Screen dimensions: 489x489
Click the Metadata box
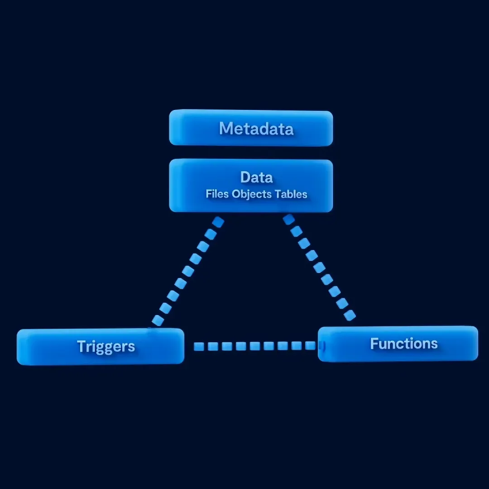click(x=251, y=128)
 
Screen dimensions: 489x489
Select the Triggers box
click(x=101, y=346)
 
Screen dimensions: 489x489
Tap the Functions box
click(x=398, y=344)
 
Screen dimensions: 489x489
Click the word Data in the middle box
click(x=256, y=177)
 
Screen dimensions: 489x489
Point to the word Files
click(x=217, y=194)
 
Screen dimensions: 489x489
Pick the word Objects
click(x=251, y=194)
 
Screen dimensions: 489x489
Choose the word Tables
click(x=291, y=194)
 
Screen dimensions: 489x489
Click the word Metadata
click(x=256, y=129)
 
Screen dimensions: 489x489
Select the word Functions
click(x=404, y=343)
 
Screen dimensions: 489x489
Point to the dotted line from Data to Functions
click(x=319, y=267)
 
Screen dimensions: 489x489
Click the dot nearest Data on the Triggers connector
click(x=218, y=222)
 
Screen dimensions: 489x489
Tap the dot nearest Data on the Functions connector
click(x=289, y=220)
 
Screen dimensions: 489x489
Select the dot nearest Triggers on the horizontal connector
click(x=199, y=346)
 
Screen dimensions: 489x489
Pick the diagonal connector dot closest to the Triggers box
click(x=158, y=320)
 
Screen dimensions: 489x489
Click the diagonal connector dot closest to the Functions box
click(x=350, y=315)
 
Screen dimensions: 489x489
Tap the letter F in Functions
click(x=374, y=343)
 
